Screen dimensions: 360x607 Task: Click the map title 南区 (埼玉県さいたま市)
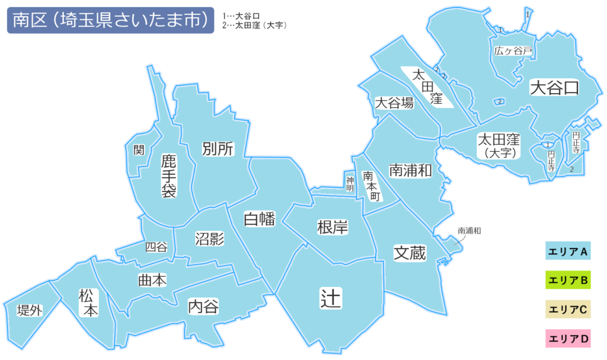pyautogui.click(x=110, y=21)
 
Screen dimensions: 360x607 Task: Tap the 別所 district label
pyautogui.click(x=218, y=148)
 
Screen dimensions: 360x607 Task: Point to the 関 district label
pyautogui.click(x=139, y=150)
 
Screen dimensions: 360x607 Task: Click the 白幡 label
pyautogui.click(x=260, y=219)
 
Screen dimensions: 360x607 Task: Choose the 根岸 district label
pyautogui.click(x=333, y=227)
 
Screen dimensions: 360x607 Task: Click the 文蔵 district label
pyautogui.click(x=410, y=253)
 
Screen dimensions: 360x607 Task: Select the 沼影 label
pyautogui.click(x=209, y=238)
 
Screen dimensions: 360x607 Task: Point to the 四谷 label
pyautogui.click(x=156, y=247)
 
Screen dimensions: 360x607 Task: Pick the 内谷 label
pyautogui.click(x=203, y=307)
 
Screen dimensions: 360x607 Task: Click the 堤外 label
pyautogui.click(x=30, y=310)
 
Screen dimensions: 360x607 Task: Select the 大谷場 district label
pyautogui.click(x=394, y=103)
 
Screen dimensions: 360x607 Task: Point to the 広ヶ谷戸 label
pyautogui.click(x=513, y=52)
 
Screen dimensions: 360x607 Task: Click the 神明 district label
pyautogui.click(x=350, y=183)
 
